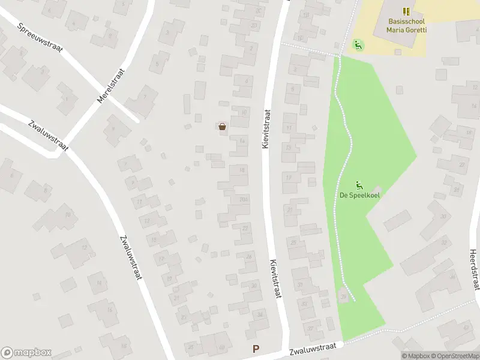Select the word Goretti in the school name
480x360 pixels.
415,29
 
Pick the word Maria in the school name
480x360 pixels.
395,29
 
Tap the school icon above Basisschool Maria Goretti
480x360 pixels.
407,11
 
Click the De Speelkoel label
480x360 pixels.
360,195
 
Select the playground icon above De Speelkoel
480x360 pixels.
360,184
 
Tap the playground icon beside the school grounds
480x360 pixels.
358,44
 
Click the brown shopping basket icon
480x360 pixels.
223,126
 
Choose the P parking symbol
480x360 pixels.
257,349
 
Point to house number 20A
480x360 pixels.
242,200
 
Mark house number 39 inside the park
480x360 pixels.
344,296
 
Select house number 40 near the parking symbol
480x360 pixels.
221,347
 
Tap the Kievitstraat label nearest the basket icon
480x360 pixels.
267,129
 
